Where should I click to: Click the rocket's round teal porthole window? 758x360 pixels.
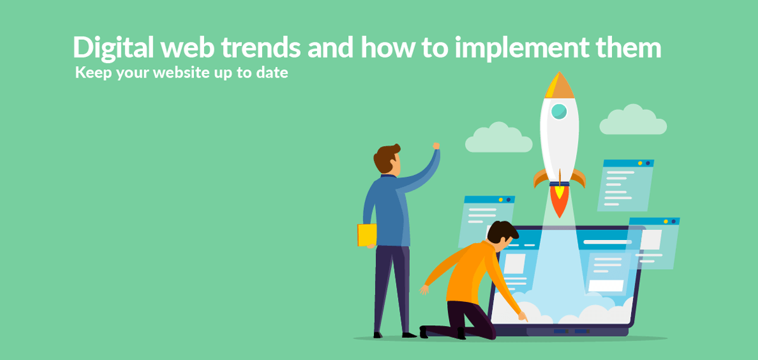click(559, 112)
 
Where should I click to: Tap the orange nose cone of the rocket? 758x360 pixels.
click(559, 86)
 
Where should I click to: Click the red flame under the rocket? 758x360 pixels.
click(558, 201)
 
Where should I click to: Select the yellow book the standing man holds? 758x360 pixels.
click(366, 235)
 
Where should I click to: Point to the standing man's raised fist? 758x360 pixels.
click(436, 146)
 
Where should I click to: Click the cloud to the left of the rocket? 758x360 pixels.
click(498, 138)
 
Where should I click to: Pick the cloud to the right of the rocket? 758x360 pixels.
click(633, 121)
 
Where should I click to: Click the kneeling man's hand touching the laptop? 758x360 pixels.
click(522, 316)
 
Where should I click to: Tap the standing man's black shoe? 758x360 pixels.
click(407, 335)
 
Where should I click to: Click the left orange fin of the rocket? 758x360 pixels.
click(539, 178)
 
